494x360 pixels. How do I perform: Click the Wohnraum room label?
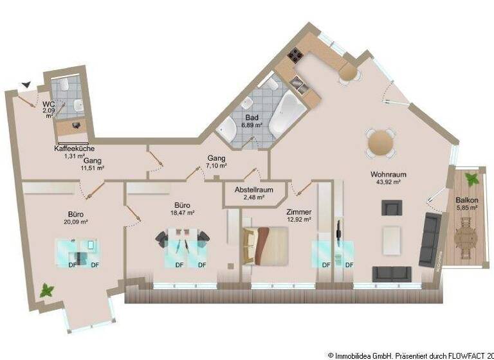pos(389,174)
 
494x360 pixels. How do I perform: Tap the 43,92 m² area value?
pos(389,182)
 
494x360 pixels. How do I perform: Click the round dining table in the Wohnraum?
pos(381,143)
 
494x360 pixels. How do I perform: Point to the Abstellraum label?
pos(254,190)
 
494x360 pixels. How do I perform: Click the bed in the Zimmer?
pos(265,246)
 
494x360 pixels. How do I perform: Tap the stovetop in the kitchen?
pos(296,56)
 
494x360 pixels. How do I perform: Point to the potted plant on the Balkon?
pos(471,179)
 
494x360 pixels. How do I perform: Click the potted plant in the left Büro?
pos(47,291)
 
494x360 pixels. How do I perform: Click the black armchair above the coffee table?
pos(391,208)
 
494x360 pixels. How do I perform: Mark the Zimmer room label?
pos(299,212)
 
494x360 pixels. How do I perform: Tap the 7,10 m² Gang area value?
pos(216,166)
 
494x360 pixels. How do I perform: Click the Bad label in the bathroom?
pos(252,118)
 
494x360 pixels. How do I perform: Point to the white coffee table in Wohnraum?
pos(392,240)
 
